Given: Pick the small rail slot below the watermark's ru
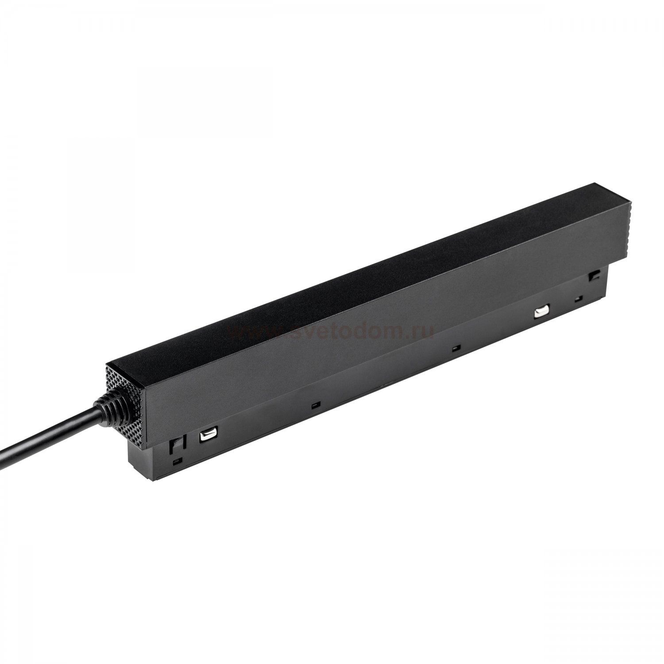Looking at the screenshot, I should point(456,347).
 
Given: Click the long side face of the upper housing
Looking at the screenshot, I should point(354,336).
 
